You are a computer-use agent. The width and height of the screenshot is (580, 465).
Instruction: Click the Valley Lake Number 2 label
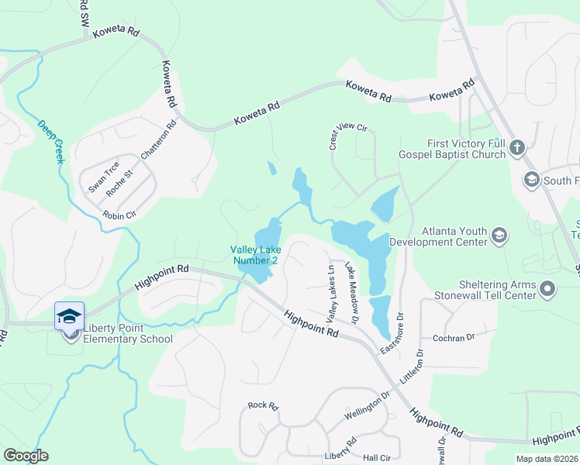[254, 255]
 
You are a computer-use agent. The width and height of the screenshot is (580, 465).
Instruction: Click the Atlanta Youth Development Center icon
[500, 236]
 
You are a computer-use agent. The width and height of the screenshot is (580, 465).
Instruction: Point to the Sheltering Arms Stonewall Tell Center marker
[548, 290]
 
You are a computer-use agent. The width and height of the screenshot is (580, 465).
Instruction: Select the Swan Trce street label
[103, 177]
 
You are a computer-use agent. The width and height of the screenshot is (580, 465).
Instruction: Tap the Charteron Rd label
[159, 143]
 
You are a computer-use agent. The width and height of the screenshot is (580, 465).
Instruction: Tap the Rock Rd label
[262, 405]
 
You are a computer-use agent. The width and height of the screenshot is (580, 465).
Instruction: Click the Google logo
[26, 455]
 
